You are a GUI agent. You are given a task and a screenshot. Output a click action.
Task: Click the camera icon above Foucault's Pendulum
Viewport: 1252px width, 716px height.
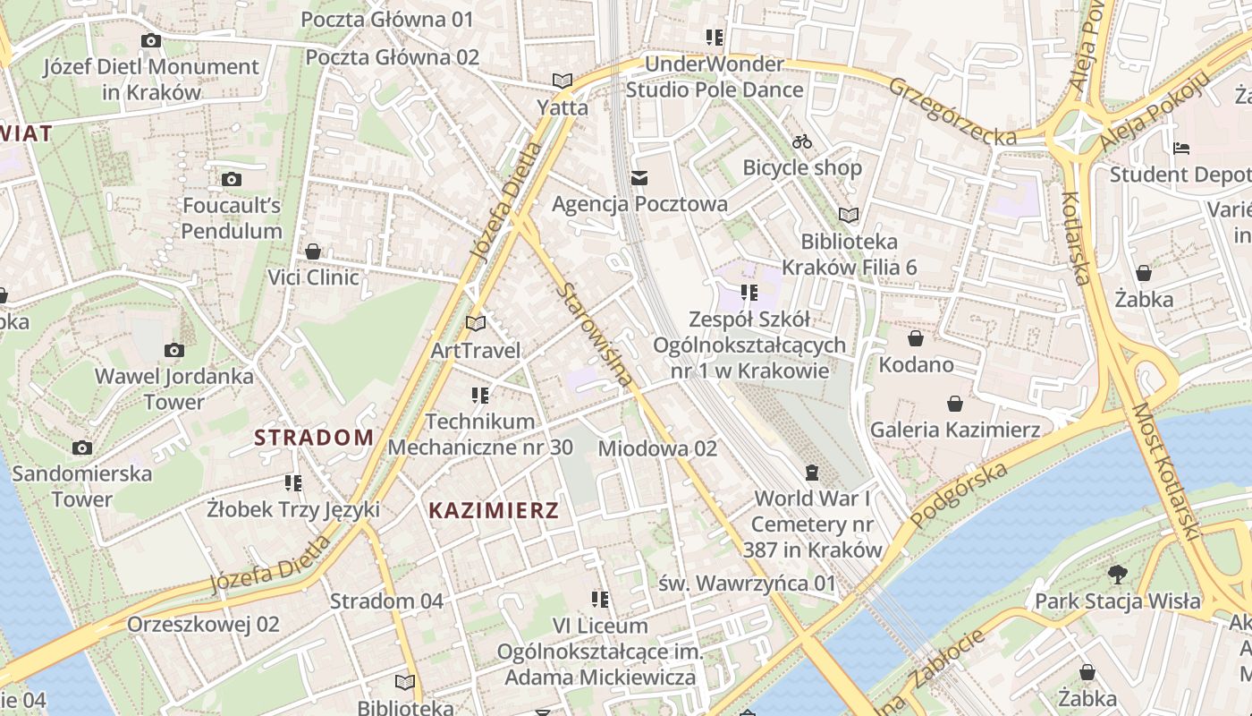(232, 180)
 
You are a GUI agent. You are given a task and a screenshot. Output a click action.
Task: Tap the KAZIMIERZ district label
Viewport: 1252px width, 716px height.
(494, 511)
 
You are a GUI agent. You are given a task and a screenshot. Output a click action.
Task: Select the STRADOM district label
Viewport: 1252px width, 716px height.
(314, 438)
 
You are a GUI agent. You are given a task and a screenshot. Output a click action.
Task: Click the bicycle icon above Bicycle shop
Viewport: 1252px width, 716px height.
(802, 141)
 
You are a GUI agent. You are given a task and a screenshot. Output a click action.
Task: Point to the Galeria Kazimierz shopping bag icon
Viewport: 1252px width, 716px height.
(955, 404)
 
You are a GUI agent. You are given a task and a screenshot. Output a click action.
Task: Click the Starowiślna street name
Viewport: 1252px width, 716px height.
(595, 336)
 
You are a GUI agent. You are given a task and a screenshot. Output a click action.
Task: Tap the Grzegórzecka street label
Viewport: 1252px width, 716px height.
(952, 112)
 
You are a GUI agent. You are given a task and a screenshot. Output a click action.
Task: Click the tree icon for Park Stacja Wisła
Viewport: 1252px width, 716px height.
(1117, 575)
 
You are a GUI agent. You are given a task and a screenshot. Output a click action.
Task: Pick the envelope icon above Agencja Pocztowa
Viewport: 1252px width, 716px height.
(639, 178)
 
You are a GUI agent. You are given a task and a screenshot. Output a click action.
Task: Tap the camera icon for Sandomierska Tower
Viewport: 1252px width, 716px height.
(82, 447)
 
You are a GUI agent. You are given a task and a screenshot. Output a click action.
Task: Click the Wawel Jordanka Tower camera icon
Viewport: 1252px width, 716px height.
(174, 350)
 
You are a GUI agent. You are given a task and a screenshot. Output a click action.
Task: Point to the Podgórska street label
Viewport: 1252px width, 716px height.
(959, 495)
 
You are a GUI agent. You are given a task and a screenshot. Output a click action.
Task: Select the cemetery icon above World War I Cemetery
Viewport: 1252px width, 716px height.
(812, 472)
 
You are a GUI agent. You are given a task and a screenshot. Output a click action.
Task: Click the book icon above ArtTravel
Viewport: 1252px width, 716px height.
(476, 323)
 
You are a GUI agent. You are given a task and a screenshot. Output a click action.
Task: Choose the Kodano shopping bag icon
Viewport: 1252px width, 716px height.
(916, 338)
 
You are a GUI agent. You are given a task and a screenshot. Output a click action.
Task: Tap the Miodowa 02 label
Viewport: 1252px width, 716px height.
(658, 448)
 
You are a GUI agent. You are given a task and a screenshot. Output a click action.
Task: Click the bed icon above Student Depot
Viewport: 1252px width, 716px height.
(1181, 148)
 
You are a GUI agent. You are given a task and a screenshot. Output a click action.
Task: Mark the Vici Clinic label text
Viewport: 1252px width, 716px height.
(314, 277)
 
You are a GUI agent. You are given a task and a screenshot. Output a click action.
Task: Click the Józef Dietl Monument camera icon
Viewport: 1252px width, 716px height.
(151, 40)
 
